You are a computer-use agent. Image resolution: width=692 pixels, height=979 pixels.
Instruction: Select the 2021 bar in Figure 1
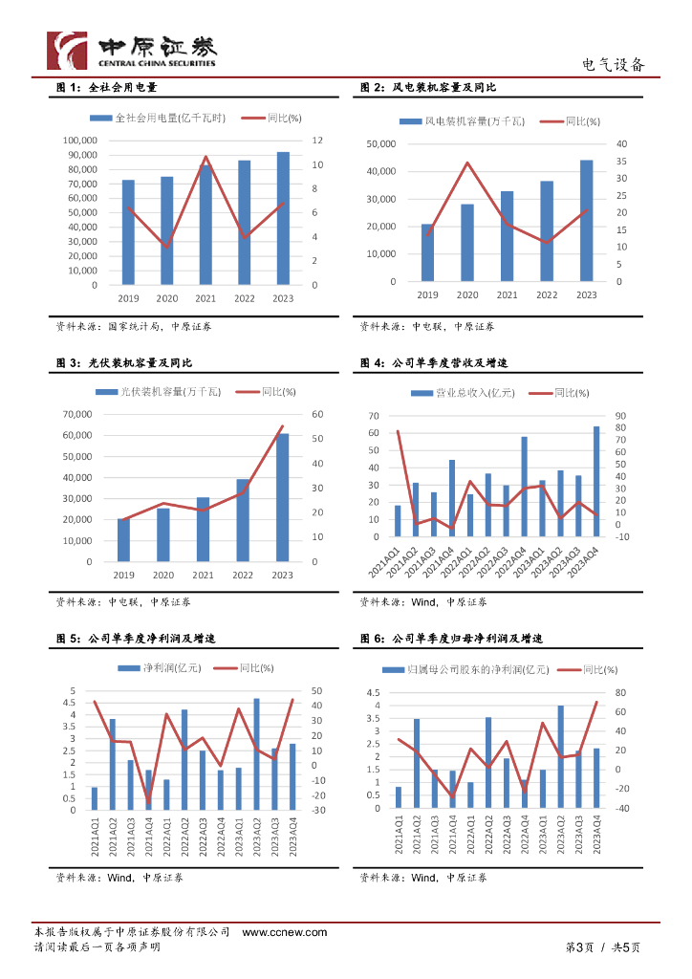click(205, 226)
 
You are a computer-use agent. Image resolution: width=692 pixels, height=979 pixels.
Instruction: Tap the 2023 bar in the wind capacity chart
click(586, 221)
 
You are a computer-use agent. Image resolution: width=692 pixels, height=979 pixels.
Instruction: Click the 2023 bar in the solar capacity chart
click(282, 497)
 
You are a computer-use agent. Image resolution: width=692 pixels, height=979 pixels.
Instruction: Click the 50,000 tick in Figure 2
click(381, 143)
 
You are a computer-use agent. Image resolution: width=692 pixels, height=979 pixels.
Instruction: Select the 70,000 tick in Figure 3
click(78, 414)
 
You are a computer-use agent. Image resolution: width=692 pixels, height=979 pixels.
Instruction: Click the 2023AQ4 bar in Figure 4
click(596, 481)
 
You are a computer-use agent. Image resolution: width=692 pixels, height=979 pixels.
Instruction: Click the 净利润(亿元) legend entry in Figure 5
click(153, 668)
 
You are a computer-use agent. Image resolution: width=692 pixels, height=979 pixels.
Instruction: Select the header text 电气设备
click(614, 65)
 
